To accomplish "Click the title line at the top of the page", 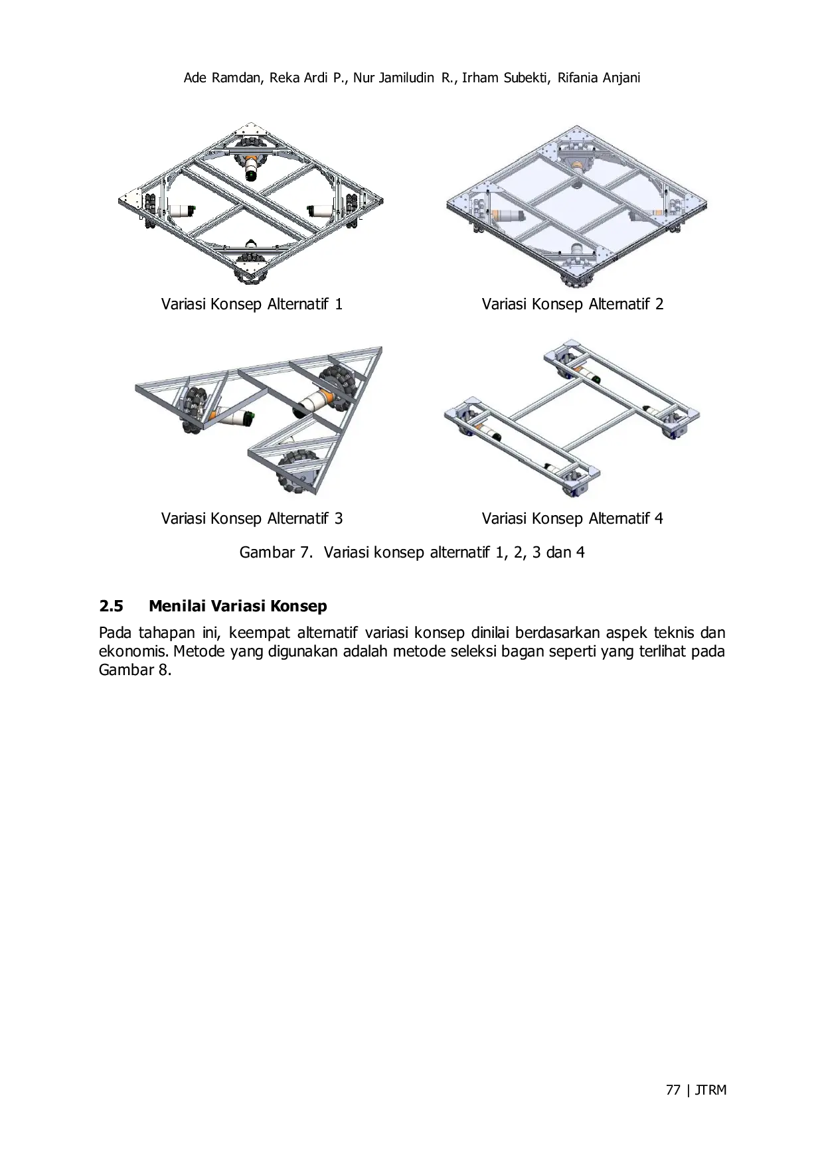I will [412, 78].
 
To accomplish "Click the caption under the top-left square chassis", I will [252, 306].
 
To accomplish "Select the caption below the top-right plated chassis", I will [571, 306].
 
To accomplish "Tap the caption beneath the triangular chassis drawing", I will [252, 518].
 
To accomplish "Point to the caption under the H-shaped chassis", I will [571, 518].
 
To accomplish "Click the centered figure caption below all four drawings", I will [413, 552].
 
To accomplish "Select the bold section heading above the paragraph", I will [212, 607].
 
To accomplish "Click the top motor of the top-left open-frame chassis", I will [252, 167].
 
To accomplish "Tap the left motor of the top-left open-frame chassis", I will [181, 210].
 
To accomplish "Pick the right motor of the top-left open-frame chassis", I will [320, 211].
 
